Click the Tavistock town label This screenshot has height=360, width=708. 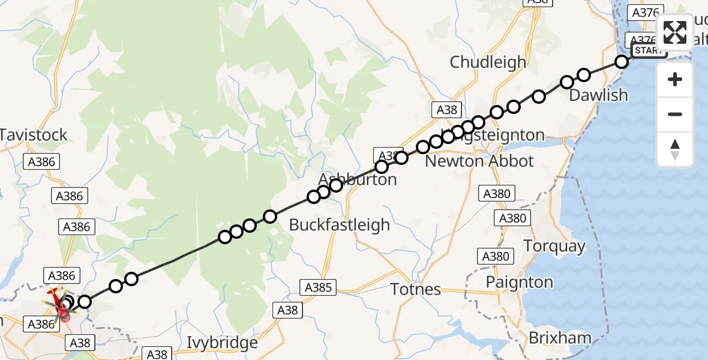tap(34, 135)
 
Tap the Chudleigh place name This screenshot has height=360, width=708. tap(488, 62)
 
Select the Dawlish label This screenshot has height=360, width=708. tap(598, 95)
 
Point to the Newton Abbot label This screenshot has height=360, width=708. tap(479, 161)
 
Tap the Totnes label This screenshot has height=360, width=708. tap(415, 289)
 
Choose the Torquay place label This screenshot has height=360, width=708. tap(554, 246)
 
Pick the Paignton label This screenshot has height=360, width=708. tap(520, 282)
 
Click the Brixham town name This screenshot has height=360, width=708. tap(559, 338)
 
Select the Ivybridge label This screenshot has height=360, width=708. tap(222, 343)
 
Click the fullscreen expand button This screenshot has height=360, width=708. tap(675, 32)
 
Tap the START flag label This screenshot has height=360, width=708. tap(648, 51)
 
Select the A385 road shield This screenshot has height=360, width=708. tap(317, 288)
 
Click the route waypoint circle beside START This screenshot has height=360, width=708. tap(622, 62)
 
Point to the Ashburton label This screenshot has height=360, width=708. tap(358, 179)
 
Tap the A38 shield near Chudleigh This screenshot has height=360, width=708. tap(446, 110)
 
